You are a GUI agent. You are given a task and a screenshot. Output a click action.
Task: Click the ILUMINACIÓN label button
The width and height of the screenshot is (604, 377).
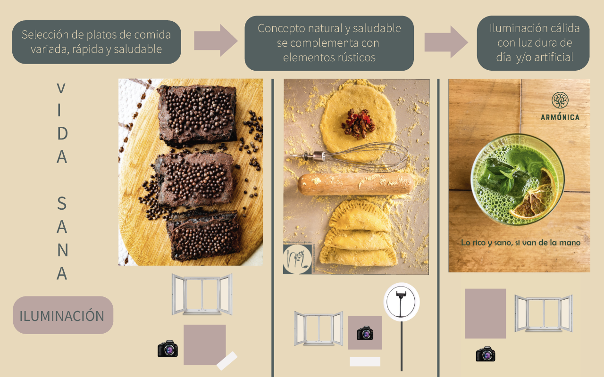point(63,315)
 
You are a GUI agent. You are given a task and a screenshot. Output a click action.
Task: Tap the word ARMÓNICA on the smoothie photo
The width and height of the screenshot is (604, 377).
point(560,117)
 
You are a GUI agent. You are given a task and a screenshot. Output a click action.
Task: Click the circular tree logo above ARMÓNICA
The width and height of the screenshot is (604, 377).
point(560,100)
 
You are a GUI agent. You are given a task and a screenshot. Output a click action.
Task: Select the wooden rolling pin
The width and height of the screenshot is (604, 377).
point(356,184)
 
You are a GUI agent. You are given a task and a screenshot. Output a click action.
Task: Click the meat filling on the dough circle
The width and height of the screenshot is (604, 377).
point(358,123)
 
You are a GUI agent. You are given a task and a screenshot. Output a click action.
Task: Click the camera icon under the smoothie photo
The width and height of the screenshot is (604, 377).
point(486,354)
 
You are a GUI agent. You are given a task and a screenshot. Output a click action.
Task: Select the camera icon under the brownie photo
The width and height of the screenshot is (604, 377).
point(168,348)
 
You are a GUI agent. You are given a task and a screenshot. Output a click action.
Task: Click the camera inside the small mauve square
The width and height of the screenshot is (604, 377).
point(365,333)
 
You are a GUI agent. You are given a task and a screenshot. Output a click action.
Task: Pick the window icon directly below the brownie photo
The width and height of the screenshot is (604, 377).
point(201,295)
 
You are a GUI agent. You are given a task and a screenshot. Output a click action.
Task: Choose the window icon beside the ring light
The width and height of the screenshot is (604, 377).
point(319,328)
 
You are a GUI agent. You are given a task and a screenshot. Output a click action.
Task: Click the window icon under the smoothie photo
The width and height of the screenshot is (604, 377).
point(543,313)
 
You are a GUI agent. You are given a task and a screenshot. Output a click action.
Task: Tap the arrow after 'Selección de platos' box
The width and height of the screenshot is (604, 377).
point(216,41)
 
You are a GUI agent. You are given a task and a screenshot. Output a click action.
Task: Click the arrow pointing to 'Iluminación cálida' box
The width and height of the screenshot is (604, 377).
point(446,41)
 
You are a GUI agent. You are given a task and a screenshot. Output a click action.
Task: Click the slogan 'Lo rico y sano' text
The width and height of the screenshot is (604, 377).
point(520,243)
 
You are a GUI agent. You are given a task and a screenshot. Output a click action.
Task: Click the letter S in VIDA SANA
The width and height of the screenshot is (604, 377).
point(62,203)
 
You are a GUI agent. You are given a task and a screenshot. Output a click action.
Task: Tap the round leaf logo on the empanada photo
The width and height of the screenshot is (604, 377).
point(297,259)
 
